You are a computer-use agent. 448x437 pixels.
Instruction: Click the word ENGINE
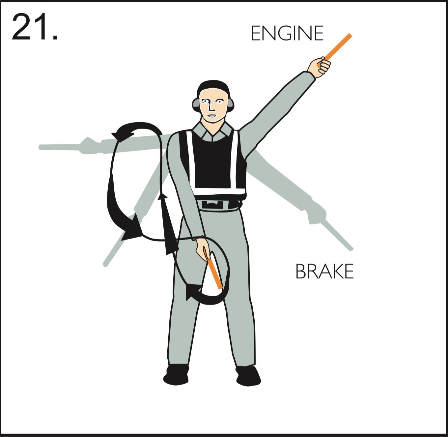click(x=287, y=33)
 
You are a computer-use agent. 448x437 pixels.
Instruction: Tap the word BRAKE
click(x=324, y=271)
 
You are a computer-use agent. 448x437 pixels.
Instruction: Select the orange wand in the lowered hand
click(x=213, y=268)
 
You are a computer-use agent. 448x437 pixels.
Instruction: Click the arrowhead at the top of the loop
click(x=122, y=135)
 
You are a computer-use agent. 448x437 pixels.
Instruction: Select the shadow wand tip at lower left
click(x=105, y=264)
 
